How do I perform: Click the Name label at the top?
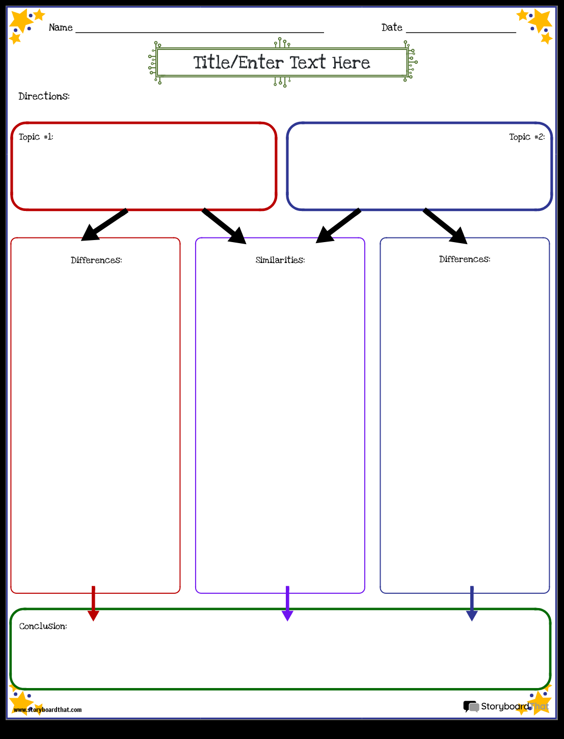point(61,28)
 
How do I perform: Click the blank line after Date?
point(461,32)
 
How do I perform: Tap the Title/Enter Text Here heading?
point(282,63)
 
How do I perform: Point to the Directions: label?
point(44,96)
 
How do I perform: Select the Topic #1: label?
point(36,137)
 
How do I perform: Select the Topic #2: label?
point(527,137)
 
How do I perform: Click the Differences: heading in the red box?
point(96,260)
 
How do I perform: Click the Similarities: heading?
point(280,260)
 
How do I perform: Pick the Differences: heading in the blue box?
point(465,259)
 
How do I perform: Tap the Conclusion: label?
point(43,626)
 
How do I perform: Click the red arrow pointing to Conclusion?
point(93,604)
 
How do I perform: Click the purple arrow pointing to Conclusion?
point(287,604)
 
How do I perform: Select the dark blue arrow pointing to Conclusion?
point(472,604)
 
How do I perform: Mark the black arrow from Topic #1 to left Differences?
point(104,225)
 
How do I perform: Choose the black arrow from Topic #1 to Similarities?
point(224,225)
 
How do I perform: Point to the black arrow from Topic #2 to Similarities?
point(338,225)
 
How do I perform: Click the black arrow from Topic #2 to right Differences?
point(445,225)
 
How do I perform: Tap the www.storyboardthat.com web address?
point(47,709)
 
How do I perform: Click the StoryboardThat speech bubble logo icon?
point(471,706)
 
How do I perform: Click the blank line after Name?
point(199,32)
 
